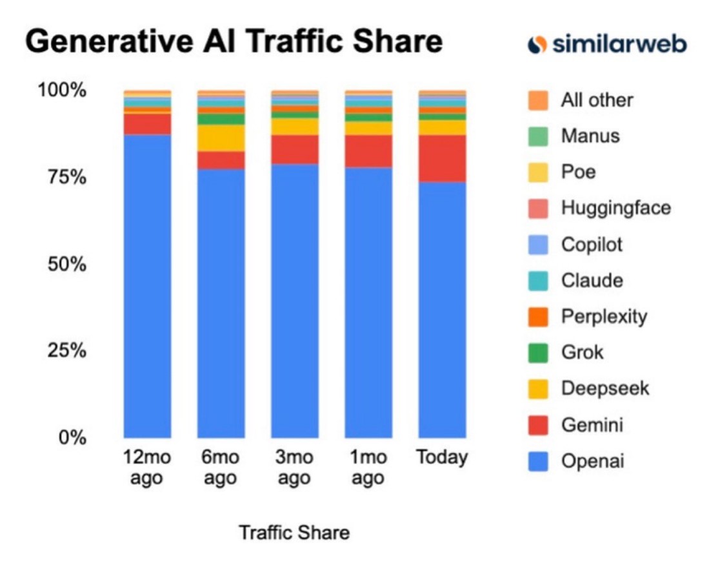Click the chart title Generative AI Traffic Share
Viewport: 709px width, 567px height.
234,43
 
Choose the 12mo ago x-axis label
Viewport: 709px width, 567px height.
147,468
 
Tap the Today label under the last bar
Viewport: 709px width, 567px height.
442,458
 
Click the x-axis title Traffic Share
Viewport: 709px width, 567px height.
294,533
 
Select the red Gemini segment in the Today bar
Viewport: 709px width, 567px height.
442,158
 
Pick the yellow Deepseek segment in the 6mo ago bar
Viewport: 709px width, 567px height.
221,138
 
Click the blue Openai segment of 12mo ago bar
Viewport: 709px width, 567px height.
147,284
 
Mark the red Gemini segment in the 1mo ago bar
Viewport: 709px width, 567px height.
368,150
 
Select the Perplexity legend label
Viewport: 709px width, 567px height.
604,316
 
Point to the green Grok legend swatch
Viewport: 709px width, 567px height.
537,353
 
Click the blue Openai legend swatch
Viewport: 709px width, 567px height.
537,461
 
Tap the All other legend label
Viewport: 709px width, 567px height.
597,100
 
